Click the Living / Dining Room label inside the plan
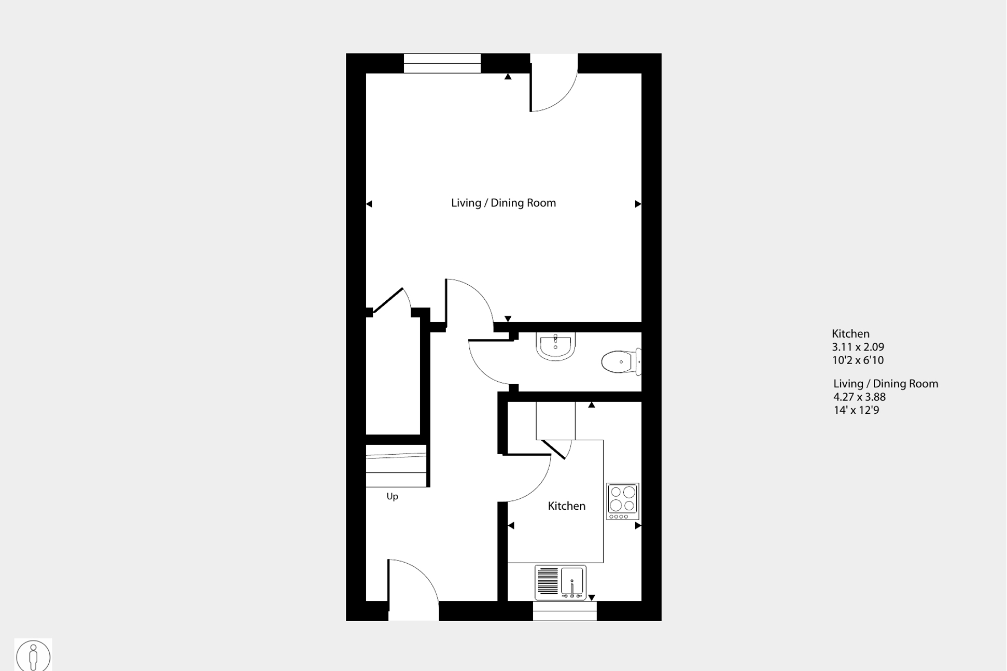click(503, 203)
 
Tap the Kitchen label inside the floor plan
click(566, 506)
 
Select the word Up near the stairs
click(392, 496)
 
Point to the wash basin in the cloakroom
click(555, 346)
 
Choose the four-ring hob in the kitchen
click(622, 501)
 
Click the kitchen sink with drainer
click(560, 582)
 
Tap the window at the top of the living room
click(442, 64)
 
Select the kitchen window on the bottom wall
click(564, 611)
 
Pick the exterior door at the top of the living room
click(553, 83)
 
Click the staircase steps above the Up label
click(396, 466)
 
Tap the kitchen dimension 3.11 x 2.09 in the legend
click(858, 347)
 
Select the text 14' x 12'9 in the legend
click(856, 410)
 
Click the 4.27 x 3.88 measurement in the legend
click(859, 397)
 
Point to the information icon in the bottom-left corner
click(33, 655)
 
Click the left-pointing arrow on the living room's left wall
click(369, 204)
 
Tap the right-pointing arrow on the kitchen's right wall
click(638, 525)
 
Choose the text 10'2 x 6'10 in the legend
click(858, 360)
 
